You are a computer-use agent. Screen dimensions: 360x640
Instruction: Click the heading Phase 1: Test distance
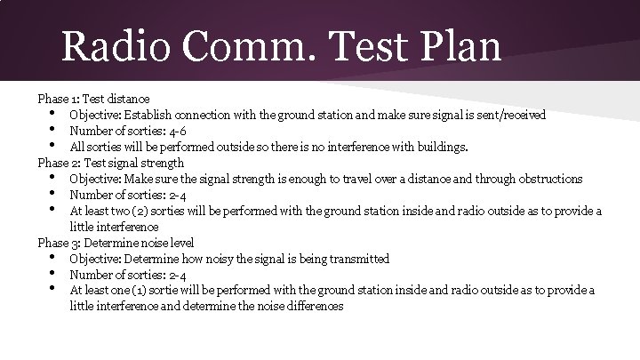tap(93, 98)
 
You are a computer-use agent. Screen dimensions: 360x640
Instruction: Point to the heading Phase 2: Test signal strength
tap(111, 163)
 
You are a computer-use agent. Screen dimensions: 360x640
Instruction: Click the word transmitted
tap(355, 259)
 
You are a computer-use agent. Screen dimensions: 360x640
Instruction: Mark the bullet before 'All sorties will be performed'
tap(55, 146)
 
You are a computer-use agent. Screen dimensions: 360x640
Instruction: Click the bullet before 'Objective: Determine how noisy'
tap(55, 258)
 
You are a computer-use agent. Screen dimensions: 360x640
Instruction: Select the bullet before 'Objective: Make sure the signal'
tap(55, 178)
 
